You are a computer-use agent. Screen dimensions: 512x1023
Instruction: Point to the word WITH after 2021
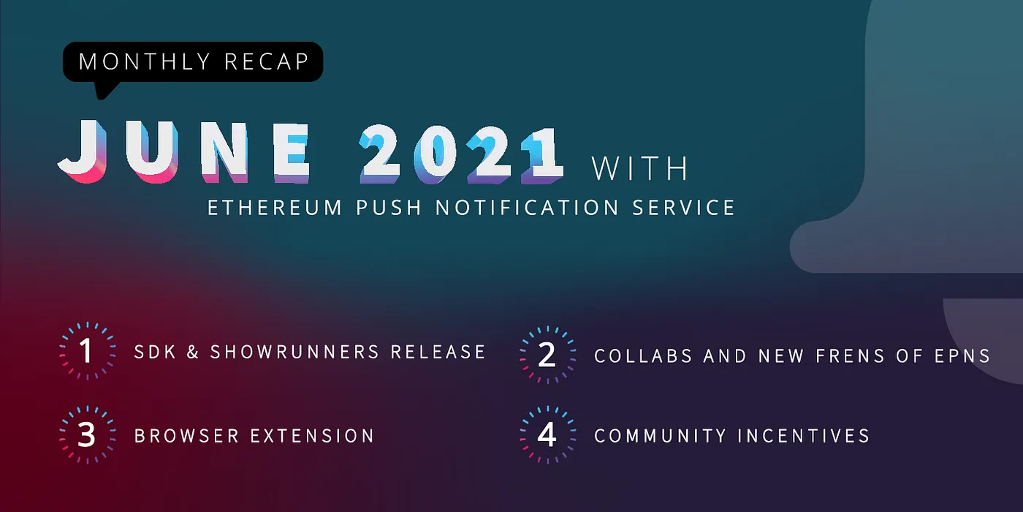coord(640,168)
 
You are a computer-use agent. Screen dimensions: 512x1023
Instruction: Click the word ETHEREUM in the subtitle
coord(275,208)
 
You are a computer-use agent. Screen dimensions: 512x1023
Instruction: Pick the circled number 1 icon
coord(87,352)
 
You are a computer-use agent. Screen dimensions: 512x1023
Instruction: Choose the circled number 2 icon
coord(547,355)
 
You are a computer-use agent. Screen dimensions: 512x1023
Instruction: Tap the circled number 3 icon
coord(87,435)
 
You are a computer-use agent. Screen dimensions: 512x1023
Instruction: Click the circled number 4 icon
coord(547,435)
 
